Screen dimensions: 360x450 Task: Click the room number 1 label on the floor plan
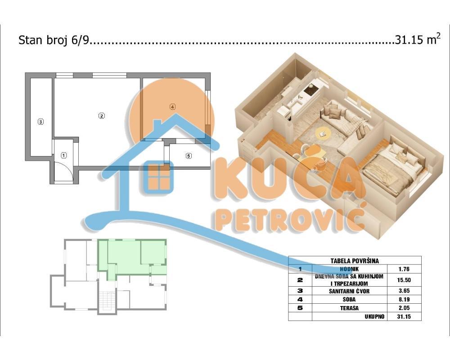(64, 156)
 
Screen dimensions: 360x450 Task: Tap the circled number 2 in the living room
(102, 116)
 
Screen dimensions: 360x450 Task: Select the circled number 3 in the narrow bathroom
(40, 121)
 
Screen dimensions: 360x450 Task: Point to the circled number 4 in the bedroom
(172, 107)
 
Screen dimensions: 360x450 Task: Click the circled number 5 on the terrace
(189, 156)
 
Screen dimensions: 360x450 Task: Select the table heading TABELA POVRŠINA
(355, 261)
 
